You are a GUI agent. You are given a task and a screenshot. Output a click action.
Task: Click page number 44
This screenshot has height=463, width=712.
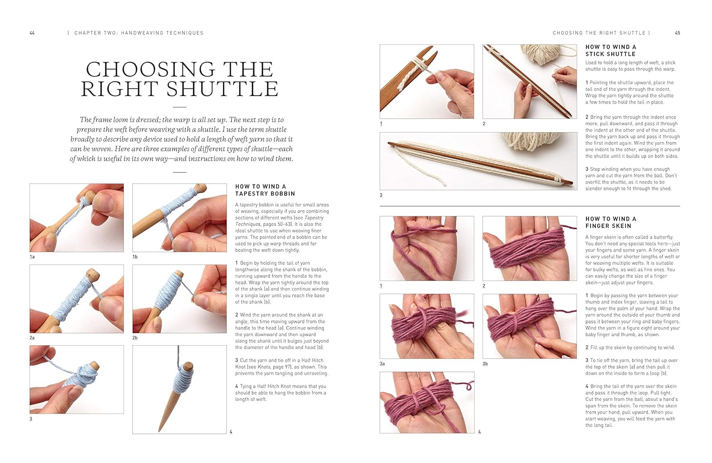pyautogui.click(x=32, y=33)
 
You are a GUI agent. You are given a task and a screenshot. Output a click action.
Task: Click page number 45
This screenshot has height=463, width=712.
pyautogui.click(x=677, y=33)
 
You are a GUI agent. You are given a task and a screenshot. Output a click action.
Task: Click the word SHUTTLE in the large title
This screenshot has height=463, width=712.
pyautogui.click(x=223, y=89)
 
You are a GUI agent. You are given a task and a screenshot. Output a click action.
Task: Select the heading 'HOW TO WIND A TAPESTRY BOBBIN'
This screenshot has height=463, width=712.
pyautogui.click(x=265, y=190)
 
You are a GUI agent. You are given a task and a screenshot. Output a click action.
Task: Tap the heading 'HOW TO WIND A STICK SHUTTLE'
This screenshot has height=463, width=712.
pyautogui.click(x=610, y=50)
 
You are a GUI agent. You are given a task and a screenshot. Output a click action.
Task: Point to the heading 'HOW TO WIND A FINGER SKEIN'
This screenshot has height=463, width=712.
pyautogui.click(x=610, y=222)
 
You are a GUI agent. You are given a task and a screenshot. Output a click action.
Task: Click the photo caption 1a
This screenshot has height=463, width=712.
pyautogui.click(x=32, y=257)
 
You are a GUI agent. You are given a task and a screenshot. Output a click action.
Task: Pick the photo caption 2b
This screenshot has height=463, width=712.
pyautogui.click(x=135, y=338)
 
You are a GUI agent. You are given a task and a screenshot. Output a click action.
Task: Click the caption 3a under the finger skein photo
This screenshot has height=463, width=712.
pyautogui.click(x=382, y=363)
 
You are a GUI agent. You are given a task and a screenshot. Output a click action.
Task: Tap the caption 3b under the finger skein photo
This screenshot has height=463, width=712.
pyautogui.click(x=485, y=363)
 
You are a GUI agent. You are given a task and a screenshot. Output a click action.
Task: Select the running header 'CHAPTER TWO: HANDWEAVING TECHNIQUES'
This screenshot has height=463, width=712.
pyautogui.click(x=139, y=33)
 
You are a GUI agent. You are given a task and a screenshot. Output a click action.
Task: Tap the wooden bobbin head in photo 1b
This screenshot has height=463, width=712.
pyautogui.click(x=200, y=188)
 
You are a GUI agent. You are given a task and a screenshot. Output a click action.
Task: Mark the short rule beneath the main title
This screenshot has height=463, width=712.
pyautogui.click(x=179, y=107)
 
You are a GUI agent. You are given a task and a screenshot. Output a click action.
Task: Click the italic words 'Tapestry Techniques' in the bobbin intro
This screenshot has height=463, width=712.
pyautogui.click(x=280, y=221)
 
